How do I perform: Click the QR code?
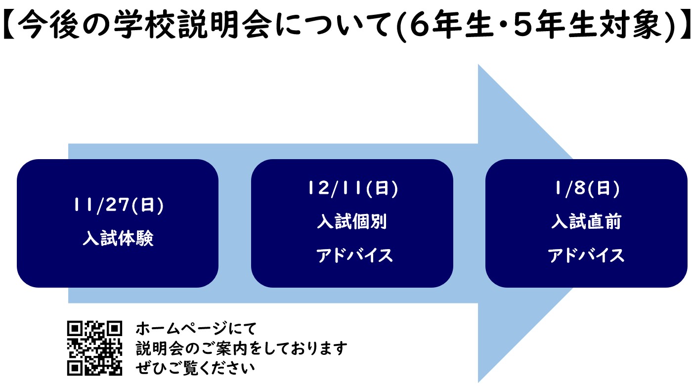(94, 348)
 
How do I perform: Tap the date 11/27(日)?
(118, 206)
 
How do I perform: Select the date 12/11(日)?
(352, 189)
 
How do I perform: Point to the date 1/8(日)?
(586, 189)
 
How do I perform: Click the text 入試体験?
(118, 239)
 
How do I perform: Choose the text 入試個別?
(352, 222)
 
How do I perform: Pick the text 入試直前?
(586, 222)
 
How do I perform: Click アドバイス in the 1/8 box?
(586, 256)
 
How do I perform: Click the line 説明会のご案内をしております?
(242, 348)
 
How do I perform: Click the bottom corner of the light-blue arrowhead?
(479, 381)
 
